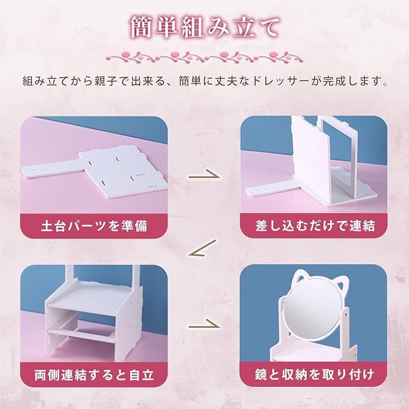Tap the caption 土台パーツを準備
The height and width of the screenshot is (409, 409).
coord(94,226)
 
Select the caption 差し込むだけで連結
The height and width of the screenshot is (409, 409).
coord(315,226)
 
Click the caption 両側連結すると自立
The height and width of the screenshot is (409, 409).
coord(94,375)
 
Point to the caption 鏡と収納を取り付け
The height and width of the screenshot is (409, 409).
coord(315,375)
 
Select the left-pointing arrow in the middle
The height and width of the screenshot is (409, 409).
coord(202,248)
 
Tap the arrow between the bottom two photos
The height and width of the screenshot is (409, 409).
coord(204,324)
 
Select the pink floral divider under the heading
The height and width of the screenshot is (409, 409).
coord(204,57)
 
